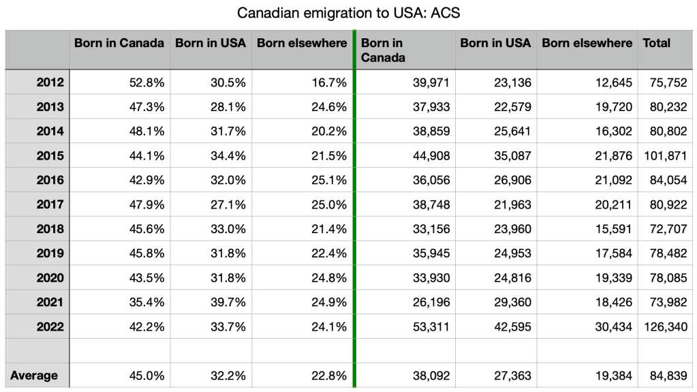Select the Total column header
click(656, 43)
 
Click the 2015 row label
click(50, 155)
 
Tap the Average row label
click(34, 376)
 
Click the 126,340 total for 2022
click(666, 327)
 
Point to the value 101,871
click(666, 155)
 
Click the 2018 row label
click(50, 229)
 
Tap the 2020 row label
click(50, 277)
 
